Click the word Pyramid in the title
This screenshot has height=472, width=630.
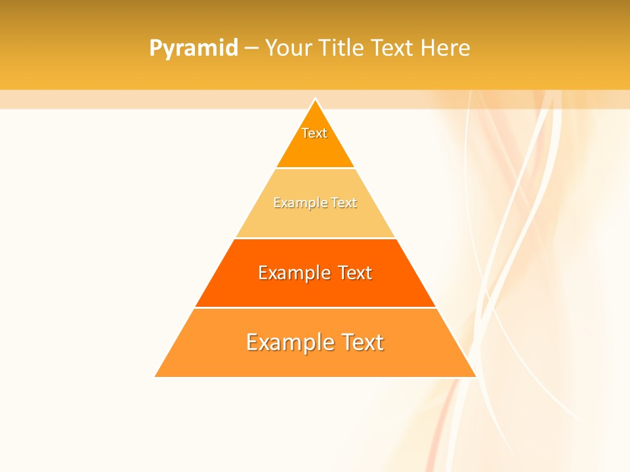coord(194,49)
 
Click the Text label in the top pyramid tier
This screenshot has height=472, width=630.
coord(314,133)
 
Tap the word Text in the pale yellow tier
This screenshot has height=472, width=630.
coord(344,203)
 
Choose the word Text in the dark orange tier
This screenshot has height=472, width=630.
coord(354,273)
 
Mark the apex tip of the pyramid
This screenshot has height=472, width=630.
coord(315,99)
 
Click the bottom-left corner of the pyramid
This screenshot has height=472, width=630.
coord(156,376)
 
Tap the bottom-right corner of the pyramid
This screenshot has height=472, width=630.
coord(475,376)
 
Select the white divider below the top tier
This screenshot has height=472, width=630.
coord(315,168)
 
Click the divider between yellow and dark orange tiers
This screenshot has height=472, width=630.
coord(315,238)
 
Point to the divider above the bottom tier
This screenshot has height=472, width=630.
coord(315,307)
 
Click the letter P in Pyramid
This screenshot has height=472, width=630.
coord(156,49)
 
